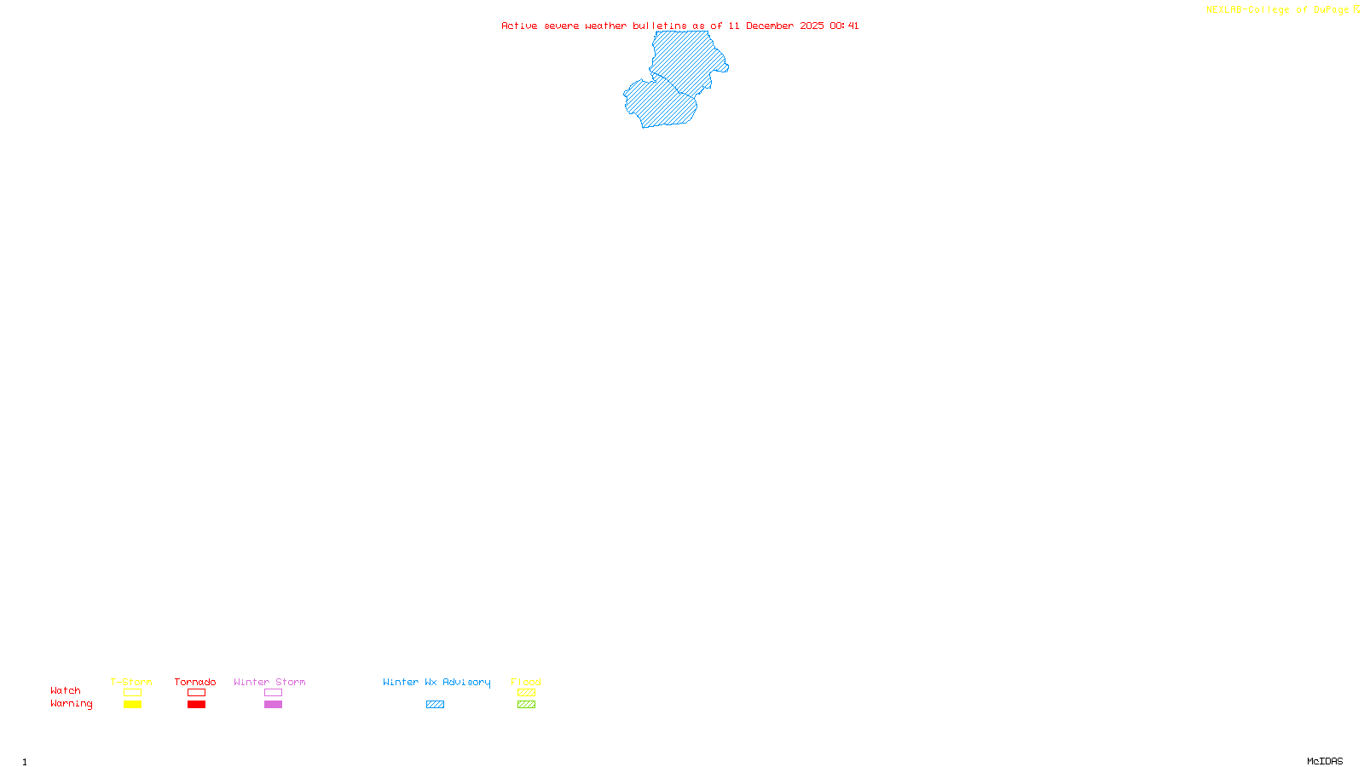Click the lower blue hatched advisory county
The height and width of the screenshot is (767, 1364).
click(661, 104)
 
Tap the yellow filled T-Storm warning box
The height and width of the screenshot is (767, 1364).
click(132, 705)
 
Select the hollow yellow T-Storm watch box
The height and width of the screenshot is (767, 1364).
click(132, 693)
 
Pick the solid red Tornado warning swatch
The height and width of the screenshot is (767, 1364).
click(196, 705)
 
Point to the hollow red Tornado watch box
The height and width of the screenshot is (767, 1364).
click(196, 693)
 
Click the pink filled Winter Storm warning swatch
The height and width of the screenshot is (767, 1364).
click(273, 705)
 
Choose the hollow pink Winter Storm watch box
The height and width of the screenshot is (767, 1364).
click(273, 693)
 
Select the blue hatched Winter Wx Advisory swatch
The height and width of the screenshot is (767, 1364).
click(435, 705)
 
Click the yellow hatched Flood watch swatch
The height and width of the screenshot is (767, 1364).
click(526, 693)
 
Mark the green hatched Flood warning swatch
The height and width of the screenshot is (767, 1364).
click(526, 705)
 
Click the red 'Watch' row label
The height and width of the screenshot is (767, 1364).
click(66, 691)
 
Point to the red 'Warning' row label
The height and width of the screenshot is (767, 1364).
click(72, 704)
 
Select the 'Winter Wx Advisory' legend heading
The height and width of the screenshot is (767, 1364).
click(436, 682)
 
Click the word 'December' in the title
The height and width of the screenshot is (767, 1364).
click(770, 26)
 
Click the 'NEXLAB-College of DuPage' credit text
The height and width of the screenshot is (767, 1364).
click(1278, 10)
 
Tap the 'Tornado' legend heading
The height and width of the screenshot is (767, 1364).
click(195, 682)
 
